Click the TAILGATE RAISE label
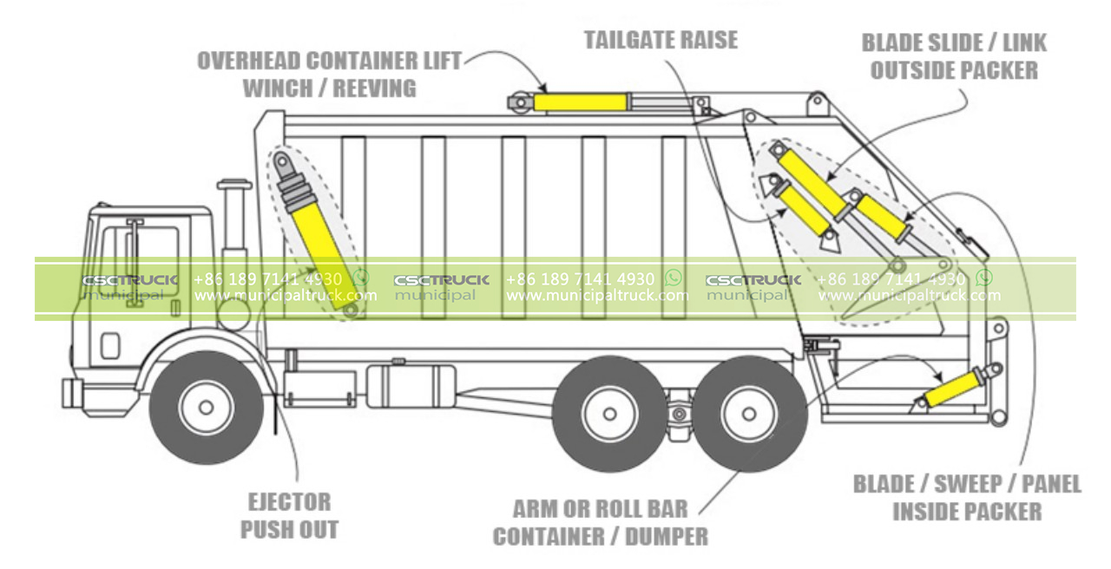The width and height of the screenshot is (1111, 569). tap(661, 40)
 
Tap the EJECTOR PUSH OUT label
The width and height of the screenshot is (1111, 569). tap(289, 515)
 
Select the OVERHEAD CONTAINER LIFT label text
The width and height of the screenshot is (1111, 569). tap(329, 62)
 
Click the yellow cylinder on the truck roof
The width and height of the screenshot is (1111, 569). tap(580, 102)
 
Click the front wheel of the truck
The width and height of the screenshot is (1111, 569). tap(206, 407)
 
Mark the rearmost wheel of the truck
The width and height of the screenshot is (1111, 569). tap(748, 414)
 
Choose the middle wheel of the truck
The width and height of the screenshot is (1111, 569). tap(609, 414)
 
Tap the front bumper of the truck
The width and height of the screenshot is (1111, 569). tap(72, 392)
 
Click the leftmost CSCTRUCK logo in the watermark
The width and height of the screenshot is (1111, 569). tap(130, 280)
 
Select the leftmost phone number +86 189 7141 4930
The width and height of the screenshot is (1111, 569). tap(267, 279)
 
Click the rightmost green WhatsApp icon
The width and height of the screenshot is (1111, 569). tap(983, 278)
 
